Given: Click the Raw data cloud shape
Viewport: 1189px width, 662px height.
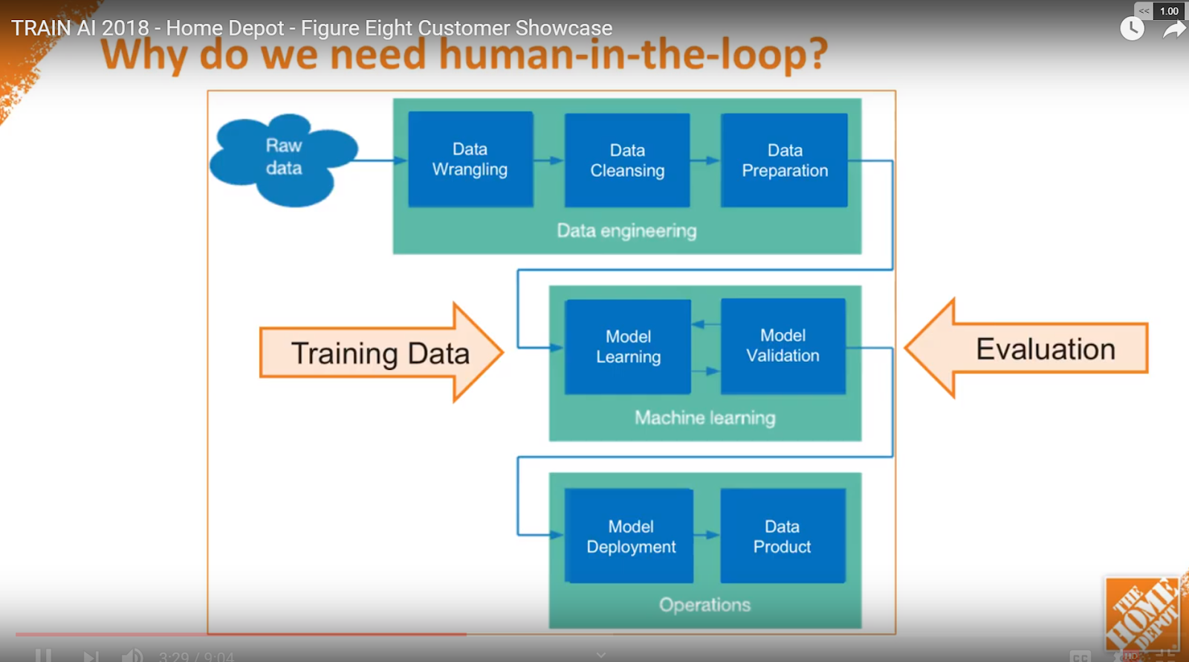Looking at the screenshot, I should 284,158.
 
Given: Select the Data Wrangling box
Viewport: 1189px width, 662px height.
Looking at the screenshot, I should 470,159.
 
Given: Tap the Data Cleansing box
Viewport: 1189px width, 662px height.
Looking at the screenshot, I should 627,160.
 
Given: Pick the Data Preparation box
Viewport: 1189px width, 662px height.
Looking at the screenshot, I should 784,160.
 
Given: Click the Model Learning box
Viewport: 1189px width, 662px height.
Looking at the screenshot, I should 628,346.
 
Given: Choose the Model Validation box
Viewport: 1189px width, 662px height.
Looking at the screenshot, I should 783,345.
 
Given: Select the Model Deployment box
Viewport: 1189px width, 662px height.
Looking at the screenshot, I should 630,536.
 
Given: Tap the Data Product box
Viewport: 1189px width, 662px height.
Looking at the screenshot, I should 783,536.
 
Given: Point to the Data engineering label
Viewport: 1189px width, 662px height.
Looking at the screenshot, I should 626,231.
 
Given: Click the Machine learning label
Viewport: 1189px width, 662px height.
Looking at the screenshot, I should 704,418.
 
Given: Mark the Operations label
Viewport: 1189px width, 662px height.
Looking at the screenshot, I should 704,605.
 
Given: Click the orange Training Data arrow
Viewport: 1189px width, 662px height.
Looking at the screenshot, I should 380,353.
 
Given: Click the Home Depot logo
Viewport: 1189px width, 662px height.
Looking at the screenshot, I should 1142,614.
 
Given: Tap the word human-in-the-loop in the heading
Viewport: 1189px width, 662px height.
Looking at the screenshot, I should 632,54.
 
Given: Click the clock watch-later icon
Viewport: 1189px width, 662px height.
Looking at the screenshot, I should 1132,29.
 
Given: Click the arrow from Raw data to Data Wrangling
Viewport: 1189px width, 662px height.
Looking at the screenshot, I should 379,160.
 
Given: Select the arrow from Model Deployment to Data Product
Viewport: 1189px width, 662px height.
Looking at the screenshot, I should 707,535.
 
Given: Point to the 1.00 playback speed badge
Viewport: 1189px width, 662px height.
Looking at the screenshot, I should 1169,10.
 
